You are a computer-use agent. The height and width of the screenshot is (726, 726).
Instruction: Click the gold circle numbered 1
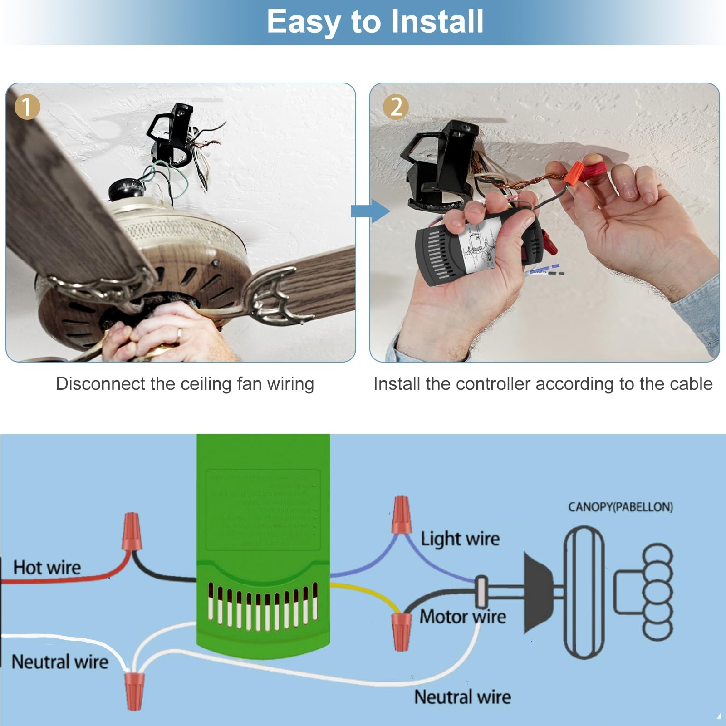pos(27,107)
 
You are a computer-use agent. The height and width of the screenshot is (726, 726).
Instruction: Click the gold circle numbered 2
pos(396,107)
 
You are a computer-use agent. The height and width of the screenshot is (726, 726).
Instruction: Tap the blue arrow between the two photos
pos(370,211)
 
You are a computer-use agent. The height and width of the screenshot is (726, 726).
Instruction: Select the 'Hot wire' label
pos(47,568)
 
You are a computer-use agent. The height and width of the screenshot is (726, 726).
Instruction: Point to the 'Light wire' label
pos(460,539)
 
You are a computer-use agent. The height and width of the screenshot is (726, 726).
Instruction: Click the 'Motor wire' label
pos(462,617)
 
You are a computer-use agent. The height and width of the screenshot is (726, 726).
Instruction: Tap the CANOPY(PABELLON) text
pos(620,507)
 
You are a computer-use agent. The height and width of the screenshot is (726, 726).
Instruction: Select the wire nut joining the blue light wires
pos(402,515)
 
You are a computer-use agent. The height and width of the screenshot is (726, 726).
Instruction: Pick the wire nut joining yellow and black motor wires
pos(401,631)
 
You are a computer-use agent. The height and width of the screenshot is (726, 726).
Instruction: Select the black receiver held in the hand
pos(472,247)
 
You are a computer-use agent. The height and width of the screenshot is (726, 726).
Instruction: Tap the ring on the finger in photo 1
pos(180,334)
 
